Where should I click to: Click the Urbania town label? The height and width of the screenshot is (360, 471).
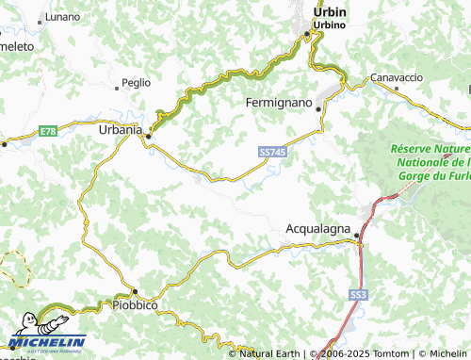121,129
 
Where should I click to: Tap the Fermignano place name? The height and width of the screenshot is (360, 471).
279,101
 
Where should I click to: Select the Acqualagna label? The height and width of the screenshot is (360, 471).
318,229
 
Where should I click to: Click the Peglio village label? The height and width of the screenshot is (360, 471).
136,83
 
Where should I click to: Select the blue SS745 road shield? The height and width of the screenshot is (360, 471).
271,151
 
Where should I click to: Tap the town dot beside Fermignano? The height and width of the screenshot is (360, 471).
319,109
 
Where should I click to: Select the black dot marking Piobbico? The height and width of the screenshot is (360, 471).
135,291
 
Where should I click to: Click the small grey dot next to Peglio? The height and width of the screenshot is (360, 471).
118,90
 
